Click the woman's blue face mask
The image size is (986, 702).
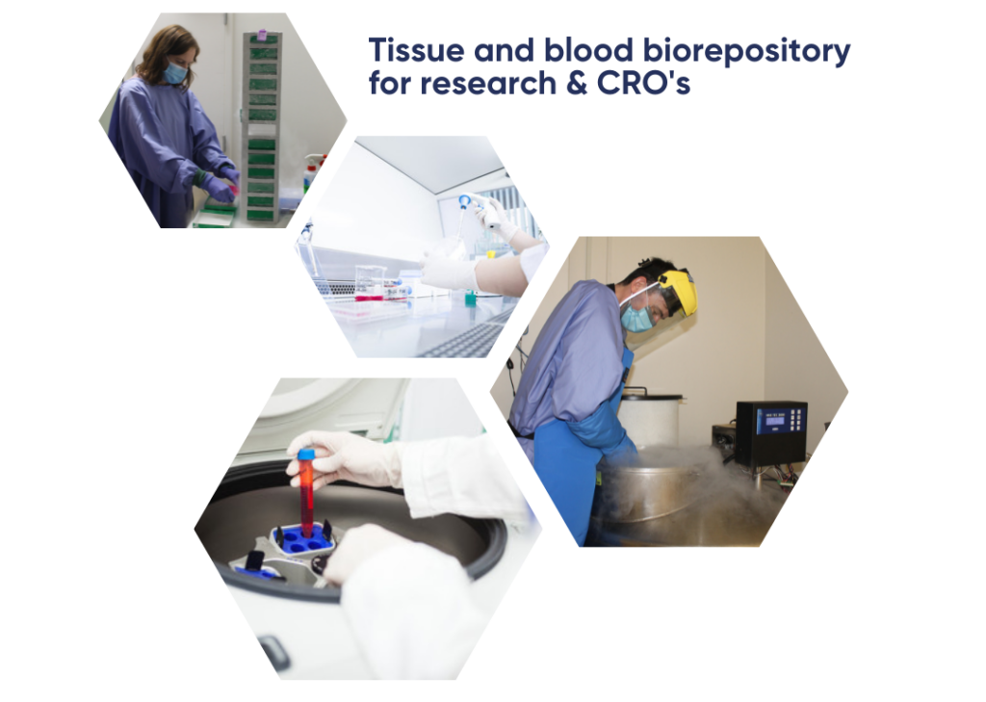click(175, 72)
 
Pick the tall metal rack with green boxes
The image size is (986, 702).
click(261, 126)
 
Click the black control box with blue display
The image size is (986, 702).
click(771, 433)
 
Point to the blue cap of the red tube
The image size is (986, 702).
click(306, 455)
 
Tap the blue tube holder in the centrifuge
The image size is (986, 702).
click(301, 539)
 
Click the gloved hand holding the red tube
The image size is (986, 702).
click(343, 458)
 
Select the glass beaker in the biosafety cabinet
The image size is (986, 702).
click(370, 282)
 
